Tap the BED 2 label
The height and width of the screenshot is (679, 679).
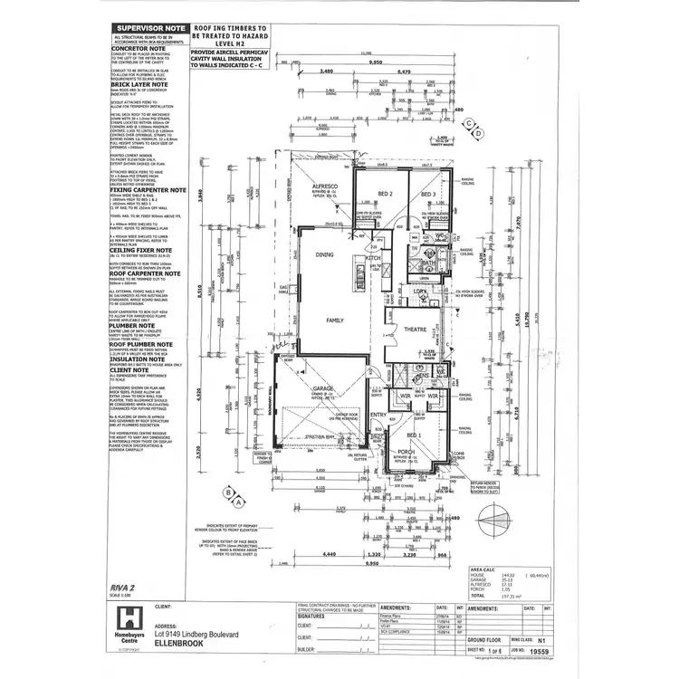[x=385, y=195]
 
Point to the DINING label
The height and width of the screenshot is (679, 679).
[x=325, y=256]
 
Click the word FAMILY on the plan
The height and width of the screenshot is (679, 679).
[x=335, y=320]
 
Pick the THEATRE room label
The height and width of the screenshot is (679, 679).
[x=415, y=329]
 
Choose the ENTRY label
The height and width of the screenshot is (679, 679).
[x=378, y=416]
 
